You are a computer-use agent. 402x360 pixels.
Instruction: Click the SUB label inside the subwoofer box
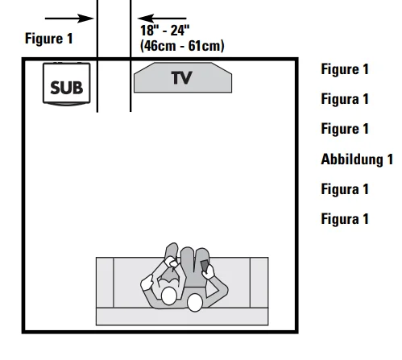(67, 88)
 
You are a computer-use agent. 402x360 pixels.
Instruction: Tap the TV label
(182, 78)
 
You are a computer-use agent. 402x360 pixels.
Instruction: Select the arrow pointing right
(69, 19)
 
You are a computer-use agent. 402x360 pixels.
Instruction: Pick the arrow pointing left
(162, 19)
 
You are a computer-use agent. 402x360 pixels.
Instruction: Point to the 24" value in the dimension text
(180, 31)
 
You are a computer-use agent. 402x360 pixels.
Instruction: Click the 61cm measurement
(205, 46)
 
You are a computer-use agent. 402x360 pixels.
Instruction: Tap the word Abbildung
(352, 159)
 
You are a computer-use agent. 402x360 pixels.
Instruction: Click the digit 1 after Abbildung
(390, 159)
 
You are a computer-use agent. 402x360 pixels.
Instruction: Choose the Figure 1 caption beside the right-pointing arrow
(48, 39)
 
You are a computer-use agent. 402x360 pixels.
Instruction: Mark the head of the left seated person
(169, 296)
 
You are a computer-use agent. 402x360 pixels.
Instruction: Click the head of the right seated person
(195, 303)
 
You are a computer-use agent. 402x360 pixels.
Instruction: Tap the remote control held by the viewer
(205, 266)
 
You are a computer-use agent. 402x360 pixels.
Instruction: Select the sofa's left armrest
(105, 283)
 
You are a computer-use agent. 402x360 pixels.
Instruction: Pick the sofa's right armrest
(259, 283)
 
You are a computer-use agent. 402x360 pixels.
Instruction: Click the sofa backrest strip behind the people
(182, 317)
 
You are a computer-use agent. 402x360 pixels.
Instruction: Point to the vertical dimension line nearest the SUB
(97, 56)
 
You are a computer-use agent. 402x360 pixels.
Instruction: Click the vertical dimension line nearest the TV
(131, 56)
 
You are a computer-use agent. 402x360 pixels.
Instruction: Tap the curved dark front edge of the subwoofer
(67, 104)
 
